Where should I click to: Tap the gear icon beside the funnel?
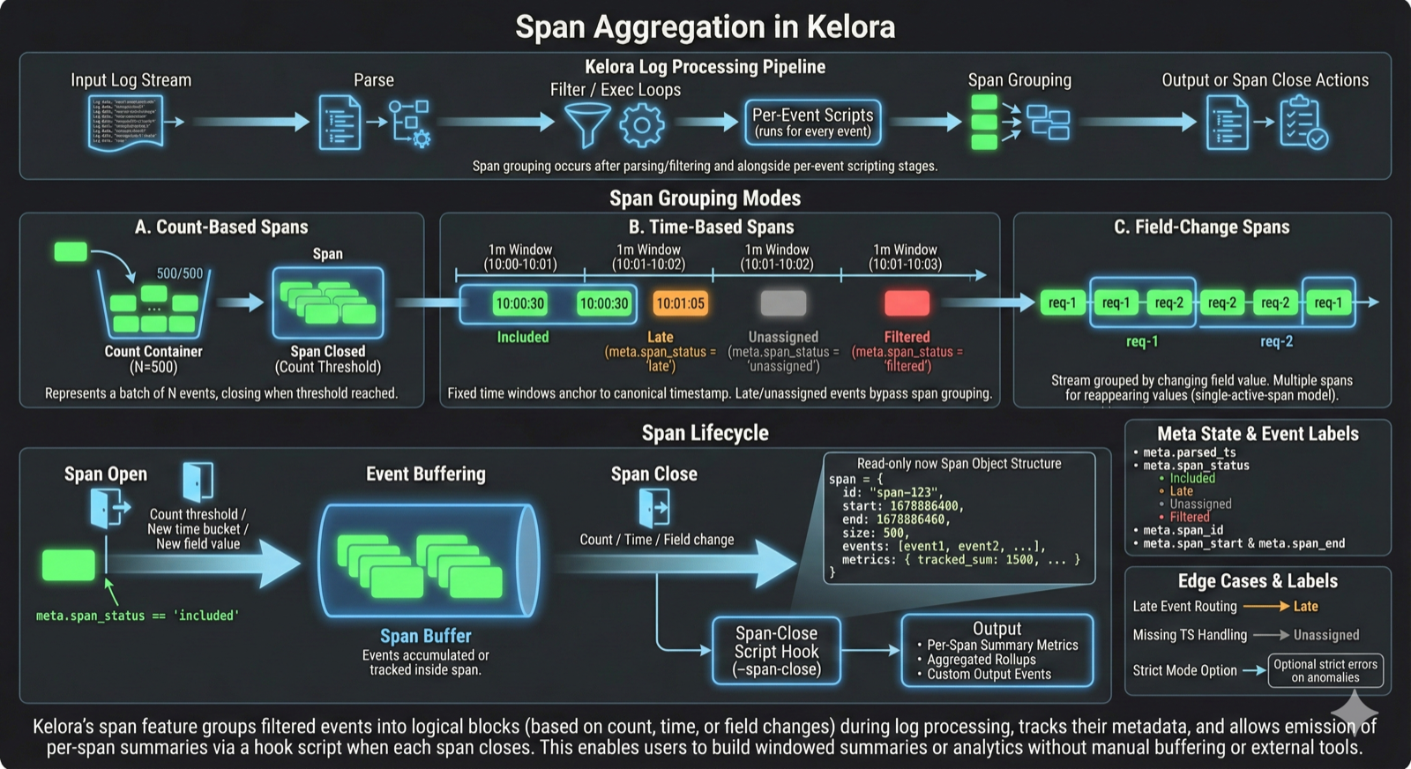[x=641, y=125]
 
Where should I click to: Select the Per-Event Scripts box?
[x=812, y=123]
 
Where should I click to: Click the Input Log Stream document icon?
[x=127, y=123]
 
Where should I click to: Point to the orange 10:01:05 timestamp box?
[x=680, y=303]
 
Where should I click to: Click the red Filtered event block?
[x=907, y=302]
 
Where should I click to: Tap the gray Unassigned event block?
[x=783, y=302]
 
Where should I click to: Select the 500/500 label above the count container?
[x=179, y=273]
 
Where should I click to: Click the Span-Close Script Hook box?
[x=776, y=651]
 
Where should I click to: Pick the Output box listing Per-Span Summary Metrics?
[x=997, y=651]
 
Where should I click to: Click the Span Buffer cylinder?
[x=427, y=561]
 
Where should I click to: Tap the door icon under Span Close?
[x=653, y=508]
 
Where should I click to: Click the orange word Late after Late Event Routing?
[x=1305, y=607]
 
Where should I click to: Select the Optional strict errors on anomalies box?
[x=1325, y=670]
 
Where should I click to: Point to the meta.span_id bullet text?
[x=1183, y=530]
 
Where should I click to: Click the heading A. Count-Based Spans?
[x=221, y=228]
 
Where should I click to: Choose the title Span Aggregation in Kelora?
[x=705, y=26]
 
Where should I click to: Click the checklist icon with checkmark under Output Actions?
[x=1303, y=123]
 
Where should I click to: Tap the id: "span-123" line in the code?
[x=892, y=492]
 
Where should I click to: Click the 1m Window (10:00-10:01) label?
[x=520, y=257]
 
